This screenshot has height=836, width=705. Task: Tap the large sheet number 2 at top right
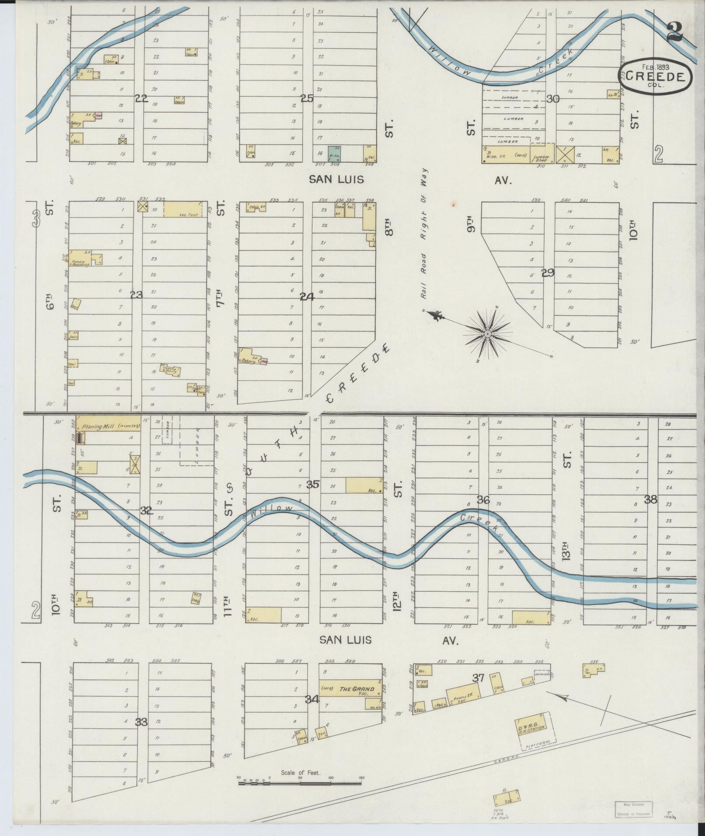point(675,31)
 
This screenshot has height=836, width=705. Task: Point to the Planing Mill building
point(108,427)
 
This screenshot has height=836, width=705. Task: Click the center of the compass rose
point(487,334)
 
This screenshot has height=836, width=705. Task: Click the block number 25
point(307,98)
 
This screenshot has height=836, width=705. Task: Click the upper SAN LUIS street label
point(337,179)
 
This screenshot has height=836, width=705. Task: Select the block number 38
point(651,500)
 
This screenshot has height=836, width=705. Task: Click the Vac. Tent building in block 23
point(183,209)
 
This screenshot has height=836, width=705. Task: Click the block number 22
point(141,99)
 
